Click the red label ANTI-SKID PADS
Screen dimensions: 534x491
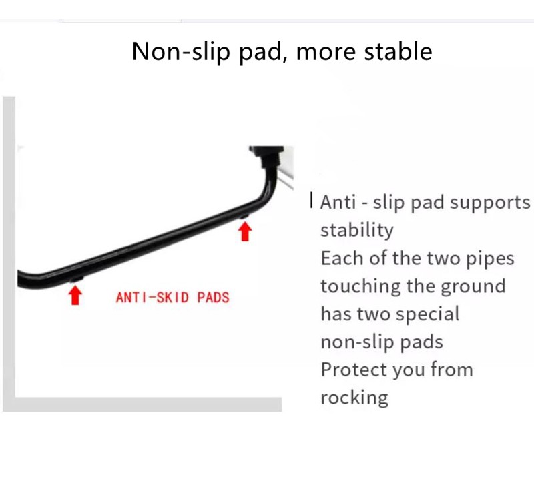click(x=172, y=297)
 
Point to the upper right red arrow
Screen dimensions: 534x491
click(x=245, y=231)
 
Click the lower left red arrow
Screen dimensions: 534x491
click(x=75, y=295)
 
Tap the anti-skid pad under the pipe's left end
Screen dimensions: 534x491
click(x=76, y=280)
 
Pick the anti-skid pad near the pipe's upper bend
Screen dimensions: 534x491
click(x=244, y=216)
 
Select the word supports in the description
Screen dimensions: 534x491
click(x=490, y=203)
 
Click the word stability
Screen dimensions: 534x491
click(x=357, y=230)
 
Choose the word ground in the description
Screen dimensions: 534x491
click(x=473, y=286)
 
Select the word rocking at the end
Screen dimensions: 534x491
click(x=354, y=398)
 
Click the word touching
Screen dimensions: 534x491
click(x=360, y=286)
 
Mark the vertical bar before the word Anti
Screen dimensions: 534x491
click(x=311, y=200)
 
